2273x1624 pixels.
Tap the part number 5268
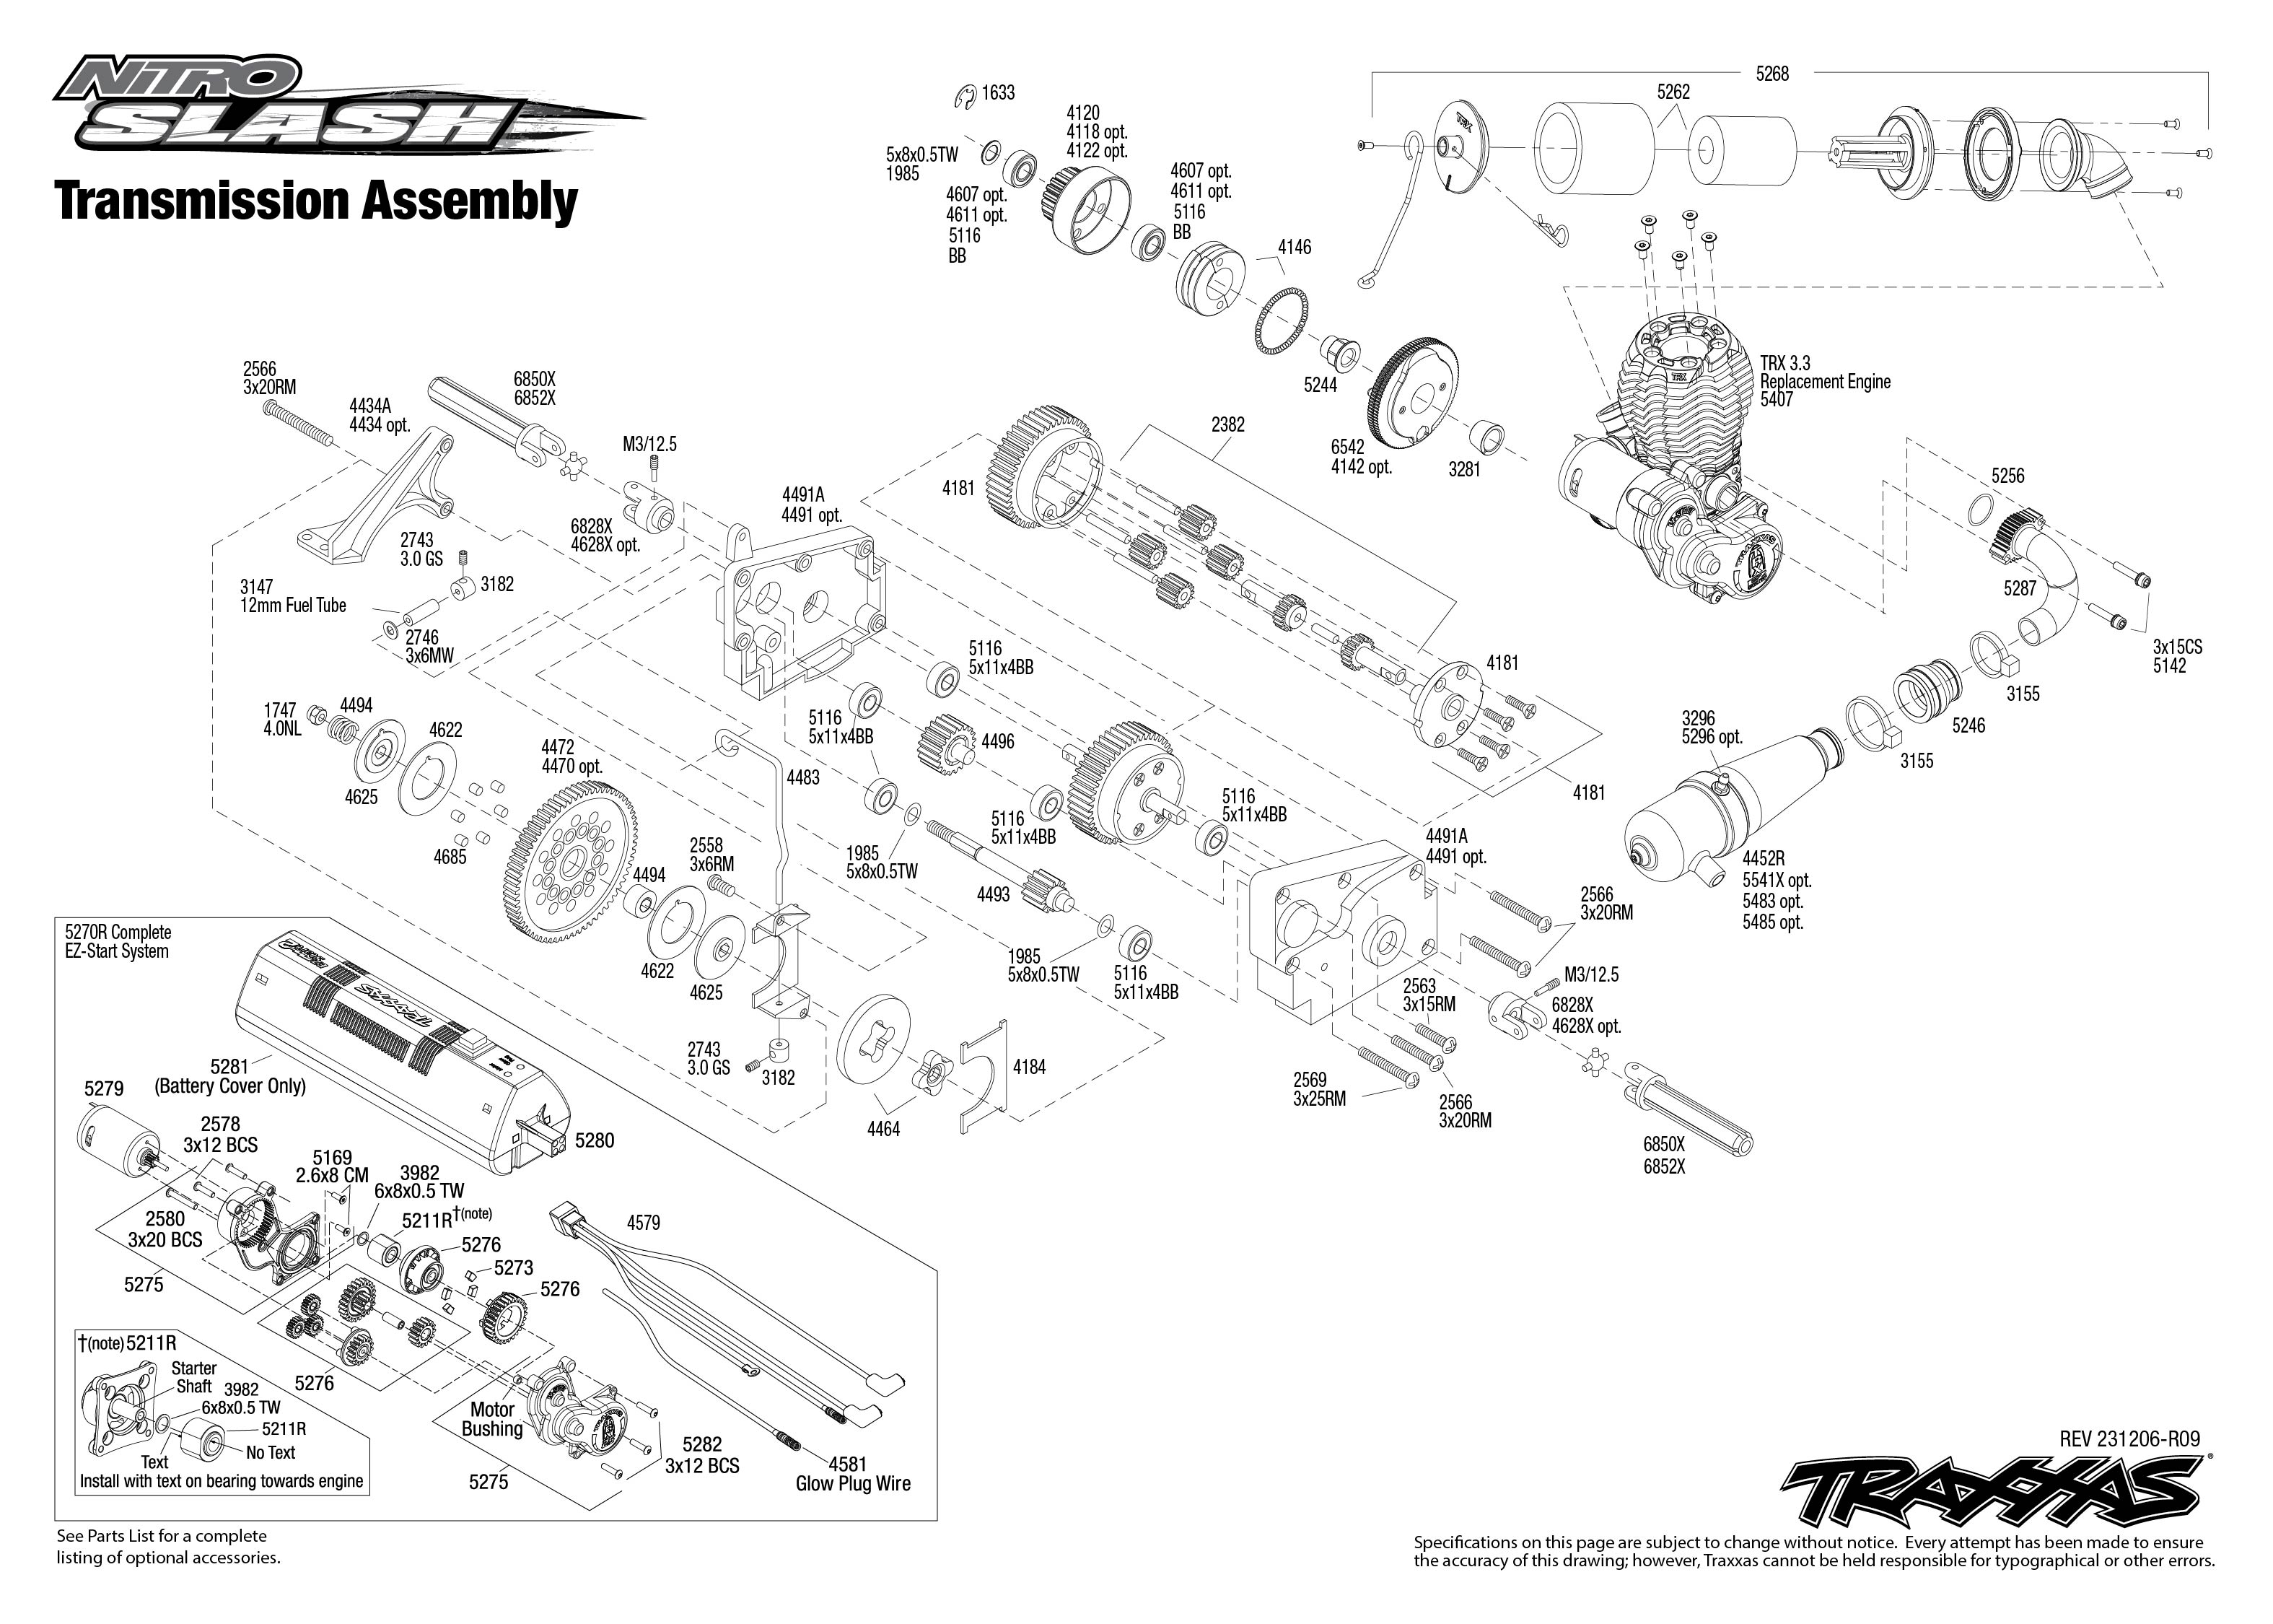click(x=1771, y=74)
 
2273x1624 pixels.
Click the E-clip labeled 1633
click(x=965, y=96)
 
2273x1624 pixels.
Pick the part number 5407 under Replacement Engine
click(x=1777, y=400)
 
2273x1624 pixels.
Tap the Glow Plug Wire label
click(x=853, y=1484)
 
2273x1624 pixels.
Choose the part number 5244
click(x=1319, y=385)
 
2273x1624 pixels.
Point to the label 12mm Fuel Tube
click(x=293, y=605)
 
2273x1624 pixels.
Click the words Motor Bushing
click(x=493, y=1419)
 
